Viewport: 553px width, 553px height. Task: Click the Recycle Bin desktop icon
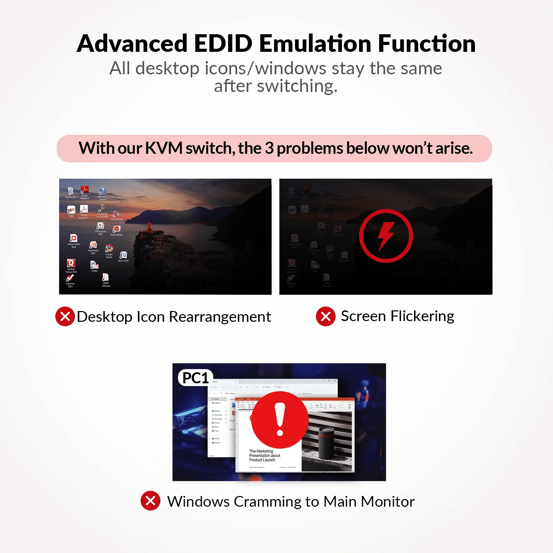[71, 191]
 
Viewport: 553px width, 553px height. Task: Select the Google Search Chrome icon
[109, 249]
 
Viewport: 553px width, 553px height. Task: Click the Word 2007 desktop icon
[123, 255]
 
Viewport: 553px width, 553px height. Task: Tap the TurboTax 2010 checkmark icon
[70, 279]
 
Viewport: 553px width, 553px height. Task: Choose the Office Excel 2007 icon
[100, 226]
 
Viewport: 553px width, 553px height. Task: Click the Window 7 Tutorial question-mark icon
[103, 191]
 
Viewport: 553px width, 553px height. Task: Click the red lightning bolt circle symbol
[386, 236]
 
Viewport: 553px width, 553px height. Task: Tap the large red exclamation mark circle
[280, 420]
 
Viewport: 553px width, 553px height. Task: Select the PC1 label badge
[195, 378]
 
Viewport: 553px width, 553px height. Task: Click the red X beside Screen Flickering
[326, 316]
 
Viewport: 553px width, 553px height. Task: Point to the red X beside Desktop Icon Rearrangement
[65, 316]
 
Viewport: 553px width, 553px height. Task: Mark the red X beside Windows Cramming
[150, 500]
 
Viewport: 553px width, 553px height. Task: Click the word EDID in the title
[223, 44]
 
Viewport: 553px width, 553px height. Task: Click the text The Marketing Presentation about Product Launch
[264, 456]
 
